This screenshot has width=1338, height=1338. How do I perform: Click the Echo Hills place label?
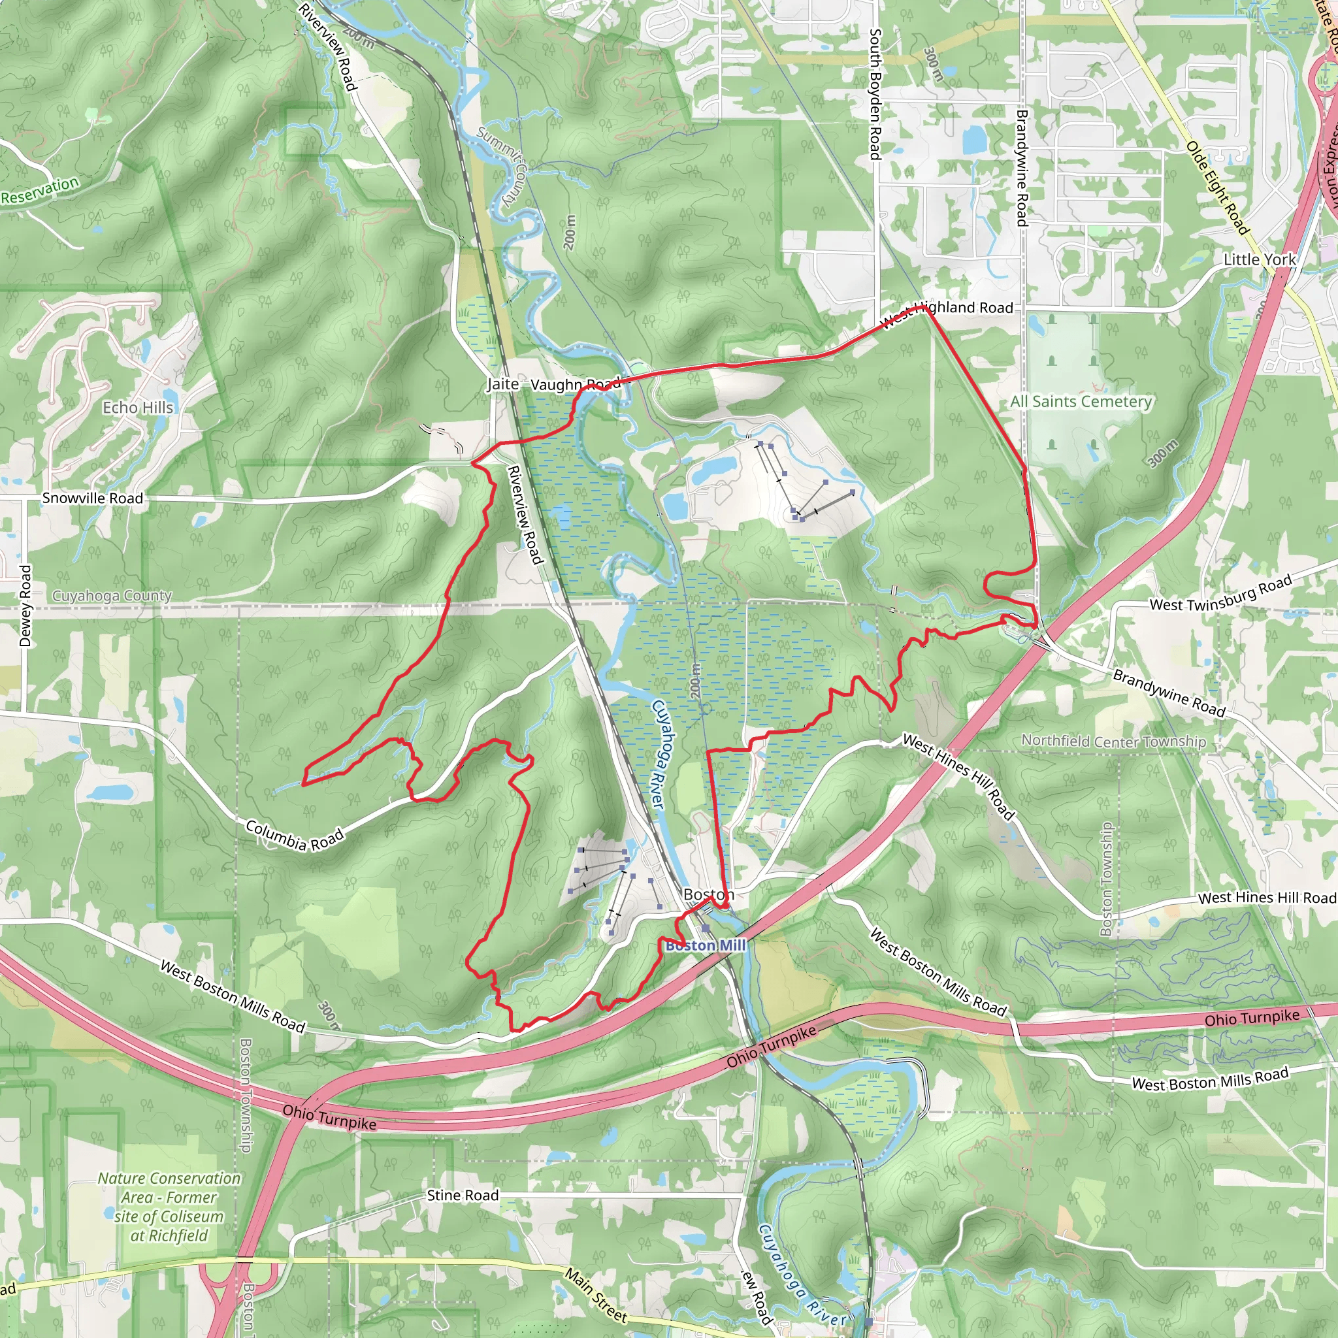(x=138, y=407)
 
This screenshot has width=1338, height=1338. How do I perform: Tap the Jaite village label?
(x=503, y=383)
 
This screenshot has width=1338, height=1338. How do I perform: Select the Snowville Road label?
(x=92, y=498)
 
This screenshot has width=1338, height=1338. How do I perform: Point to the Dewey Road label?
(x=25, y=606)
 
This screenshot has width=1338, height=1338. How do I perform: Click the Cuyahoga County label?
(x=112, y=596)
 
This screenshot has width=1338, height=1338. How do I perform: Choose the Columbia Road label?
(x=295, y=835)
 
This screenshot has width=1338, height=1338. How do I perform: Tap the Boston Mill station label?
(x=706, y=945)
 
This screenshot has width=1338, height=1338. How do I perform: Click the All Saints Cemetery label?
(x=1081, y=402)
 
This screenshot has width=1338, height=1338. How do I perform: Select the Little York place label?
(x=1260, y=260)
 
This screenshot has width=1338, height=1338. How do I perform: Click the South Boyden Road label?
(x=876, y=93)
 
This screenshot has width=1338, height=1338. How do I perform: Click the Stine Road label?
(x=463, y=1196)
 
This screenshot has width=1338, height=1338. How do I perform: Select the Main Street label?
(x=596, y=1294)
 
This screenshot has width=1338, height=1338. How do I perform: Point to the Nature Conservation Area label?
(x=169, y=1207)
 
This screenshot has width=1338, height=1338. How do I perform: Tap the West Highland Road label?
(x=946, y=312)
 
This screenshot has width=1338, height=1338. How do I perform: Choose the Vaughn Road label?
(x=575, y=384)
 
